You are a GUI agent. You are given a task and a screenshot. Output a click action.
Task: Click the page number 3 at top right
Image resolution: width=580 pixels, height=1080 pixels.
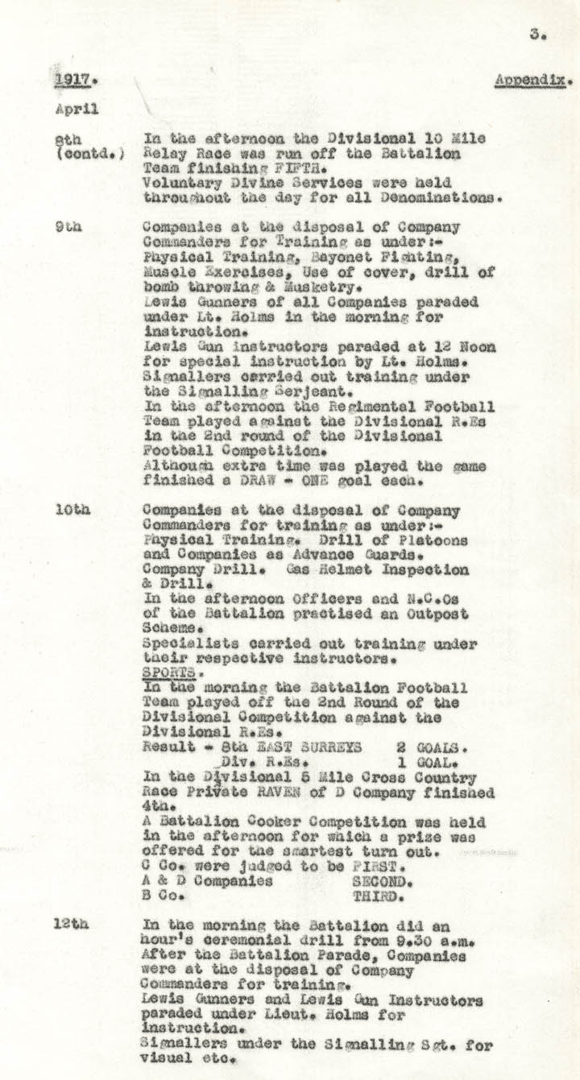click(x=534, y=35)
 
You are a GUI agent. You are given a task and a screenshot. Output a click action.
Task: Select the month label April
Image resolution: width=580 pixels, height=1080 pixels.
click(x=77, y=109)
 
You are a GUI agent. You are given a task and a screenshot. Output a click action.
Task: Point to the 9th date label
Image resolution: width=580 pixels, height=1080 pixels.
click(x=68, y=228)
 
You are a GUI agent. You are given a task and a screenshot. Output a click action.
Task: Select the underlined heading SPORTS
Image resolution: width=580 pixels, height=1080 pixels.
click(x=164, y=672)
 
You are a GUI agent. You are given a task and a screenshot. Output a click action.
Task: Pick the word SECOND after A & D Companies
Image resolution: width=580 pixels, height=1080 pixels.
click(x=379, y=881)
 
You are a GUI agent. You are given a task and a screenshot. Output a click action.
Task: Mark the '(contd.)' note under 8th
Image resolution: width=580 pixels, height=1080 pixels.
click(x=89, y=153)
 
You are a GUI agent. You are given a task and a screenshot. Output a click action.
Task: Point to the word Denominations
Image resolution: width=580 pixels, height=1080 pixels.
click(x=437, y=197)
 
